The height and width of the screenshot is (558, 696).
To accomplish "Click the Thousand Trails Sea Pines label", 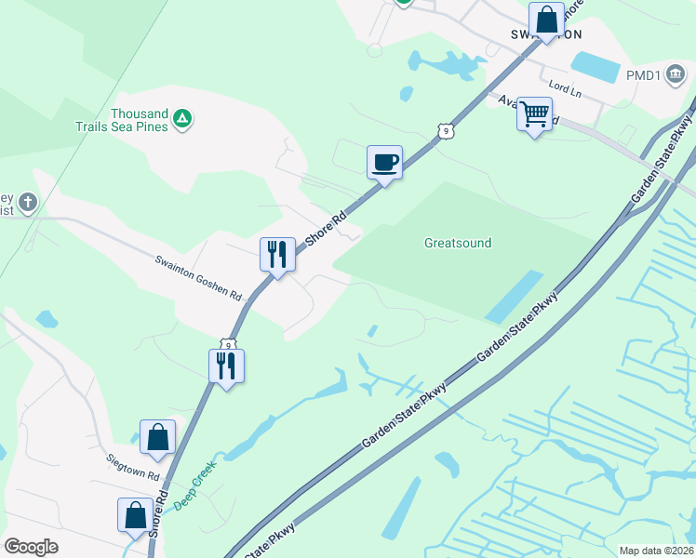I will (140, 120).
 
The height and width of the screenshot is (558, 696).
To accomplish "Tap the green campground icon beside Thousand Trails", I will (183, 119).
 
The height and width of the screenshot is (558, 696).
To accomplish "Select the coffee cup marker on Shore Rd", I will (384, 164).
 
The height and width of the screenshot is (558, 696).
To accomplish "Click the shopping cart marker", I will (534, 115).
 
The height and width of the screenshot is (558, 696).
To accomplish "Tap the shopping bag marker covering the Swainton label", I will (546, 20).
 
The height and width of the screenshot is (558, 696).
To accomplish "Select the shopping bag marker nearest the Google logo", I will (135, 515).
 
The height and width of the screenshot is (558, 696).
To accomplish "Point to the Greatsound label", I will (458, 244).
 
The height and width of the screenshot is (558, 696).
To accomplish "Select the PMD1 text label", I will (644, 75).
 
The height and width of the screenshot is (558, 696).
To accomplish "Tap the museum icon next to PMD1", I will (676, 75).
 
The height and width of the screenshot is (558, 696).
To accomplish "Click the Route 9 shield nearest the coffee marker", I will (448, 131).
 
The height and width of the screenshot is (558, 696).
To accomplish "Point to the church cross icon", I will (28, 202).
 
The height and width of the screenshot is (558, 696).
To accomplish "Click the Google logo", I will (31, 546).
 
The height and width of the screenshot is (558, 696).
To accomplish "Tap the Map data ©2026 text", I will (656, 551).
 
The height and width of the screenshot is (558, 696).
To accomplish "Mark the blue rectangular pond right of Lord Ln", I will (595, 67).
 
